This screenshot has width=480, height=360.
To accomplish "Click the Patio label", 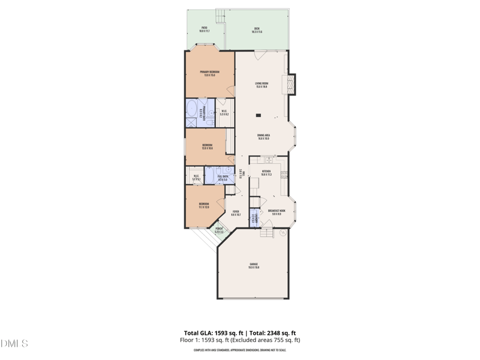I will pyautogui.click(x=204, y=29).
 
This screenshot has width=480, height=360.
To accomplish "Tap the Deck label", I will pyautogui.click(x=257, y=29).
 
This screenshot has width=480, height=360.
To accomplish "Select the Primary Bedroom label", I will pyautogui.click(x=210, y=73).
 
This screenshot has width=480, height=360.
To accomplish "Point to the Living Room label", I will pyautogui.click(x=262, y=85).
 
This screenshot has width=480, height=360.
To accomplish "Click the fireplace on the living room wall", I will pyautogui.click(x=292, y=83).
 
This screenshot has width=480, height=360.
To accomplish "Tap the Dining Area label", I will pyautogui.click(x=263, y=137).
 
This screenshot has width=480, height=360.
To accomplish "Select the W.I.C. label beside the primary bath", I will pyautogui.click(x=224, y=112).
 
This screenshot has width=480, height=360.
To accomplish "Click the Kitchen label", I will pyautogui.click(x=266, y=173).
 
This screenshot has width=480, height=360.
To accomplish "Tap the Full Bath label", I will pyautogui.click(x=223, y=178).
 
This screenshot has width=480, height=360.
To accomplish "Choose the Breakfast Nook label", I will pyautogui.click(x=277, y=212).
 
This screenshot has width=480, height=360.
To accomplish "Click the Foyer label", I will pyautogui.click(x=236, y=212).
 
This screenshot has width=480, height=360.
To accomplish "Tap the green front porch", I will pyautogui.click(x=219, y=231).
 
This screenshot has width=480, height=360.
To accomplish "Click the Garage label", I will pyautogui.click(x=254, y=266).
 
